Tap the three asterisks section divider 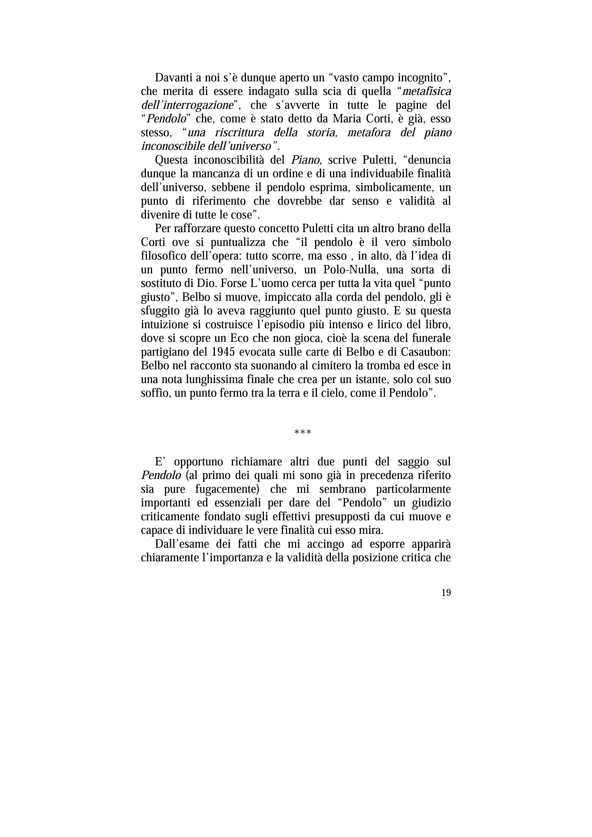click(302, 433)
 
